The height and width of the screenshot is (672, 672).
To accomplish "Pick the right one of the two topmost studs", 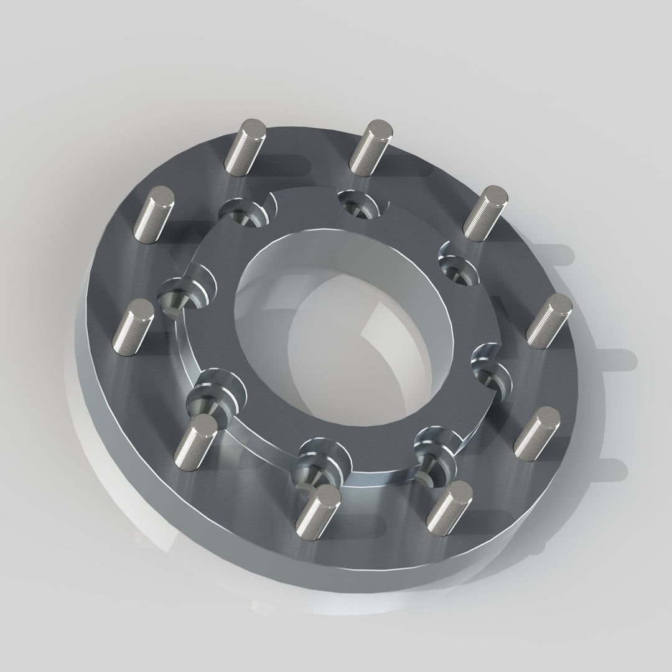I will (x=371, y=146).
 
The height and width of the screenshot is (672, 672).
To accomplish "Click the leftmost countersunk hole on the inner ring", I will (x=181, y=292).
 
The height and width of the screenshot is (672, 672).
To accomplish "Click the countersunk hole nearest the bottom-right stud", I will (x=432, y=454).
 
